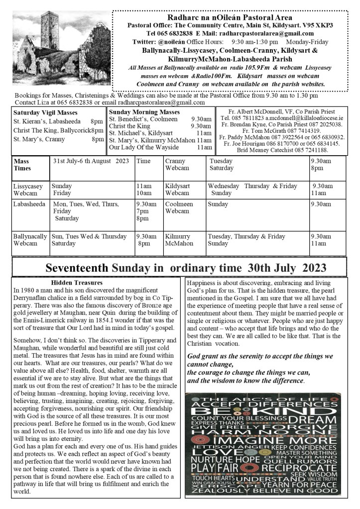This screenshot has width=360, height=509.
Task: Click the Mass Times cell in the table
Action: tap(22, 165)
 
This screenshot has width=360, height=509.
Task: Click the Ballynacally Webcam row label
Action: tap(30, 240)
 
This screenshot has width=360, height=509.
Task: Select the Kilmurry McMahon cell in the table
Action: tap(178, 240)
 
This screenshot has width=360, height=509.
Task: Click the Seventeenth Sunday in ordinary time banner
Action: tap(179, 268)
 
